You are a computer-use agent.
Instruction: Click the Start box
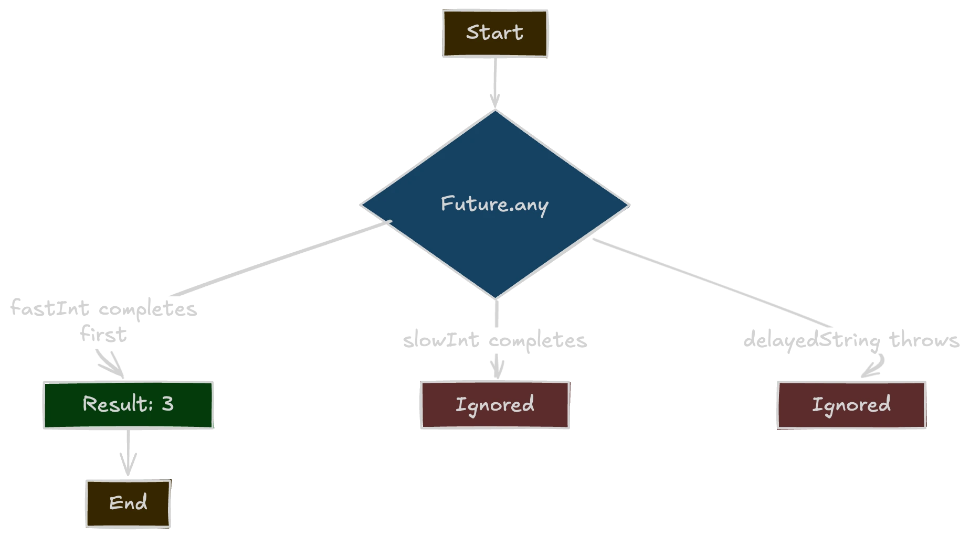click(x=495, y=33)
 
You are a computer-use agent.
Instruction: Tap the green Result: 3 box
click(x=128, y=404)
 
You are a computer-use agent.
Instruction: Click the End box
click(x=128, y=503)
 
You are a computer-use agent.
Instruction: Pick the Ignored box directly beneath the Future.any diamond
click(x=495, y=405)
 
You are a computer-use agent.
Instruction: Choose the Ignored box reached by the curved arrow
click(x=851, y=405)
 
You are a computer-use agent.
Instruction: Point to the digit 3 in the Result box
click(x=167, y=403)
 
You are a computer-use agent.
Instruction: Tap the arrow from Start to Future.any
click(x=495, y=79)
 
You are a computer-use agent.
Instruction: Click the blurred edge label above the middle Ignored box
click(x=495, y=340)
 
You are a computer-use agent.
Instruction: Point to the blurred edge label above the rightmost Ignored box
click(x=851, y=340)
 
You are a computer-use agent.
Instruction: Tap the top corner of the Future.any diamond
click(x=495, y=111)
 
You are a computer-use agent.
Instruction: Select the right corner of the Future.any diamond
click(x=628, y=205)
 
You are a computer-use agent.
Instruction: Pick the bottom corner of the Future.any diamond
click(x=495, y=297)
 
